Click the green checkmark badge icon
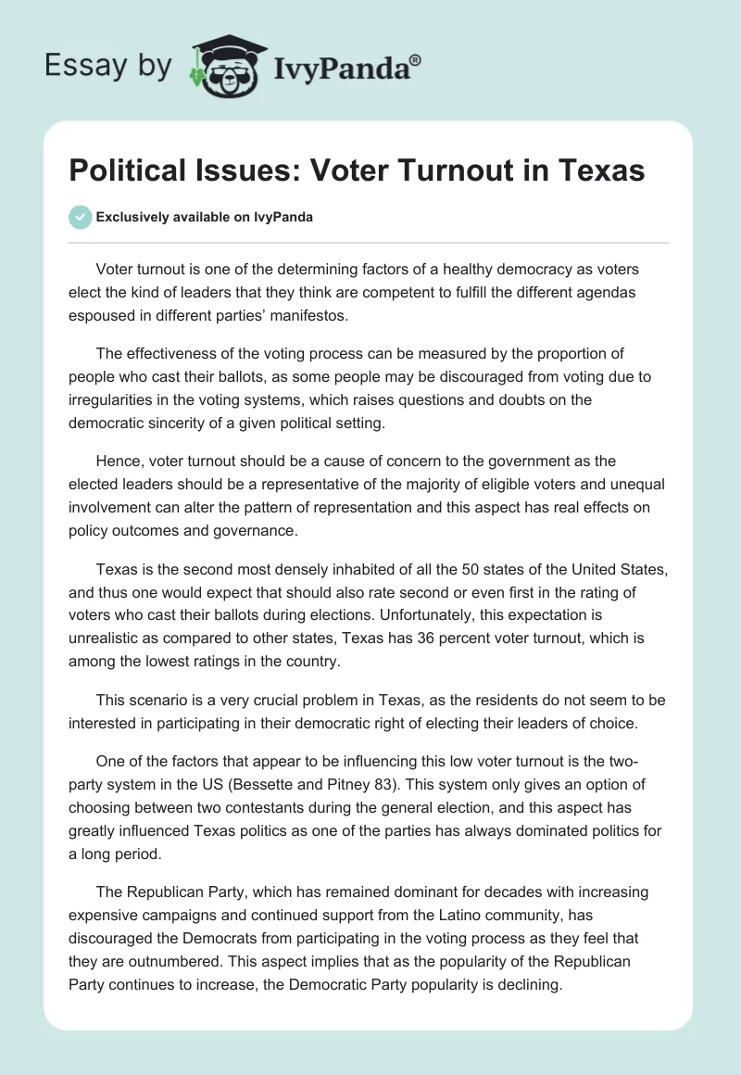[x=81, y=217]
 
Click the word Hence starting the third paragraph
[x=117, y=461]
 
